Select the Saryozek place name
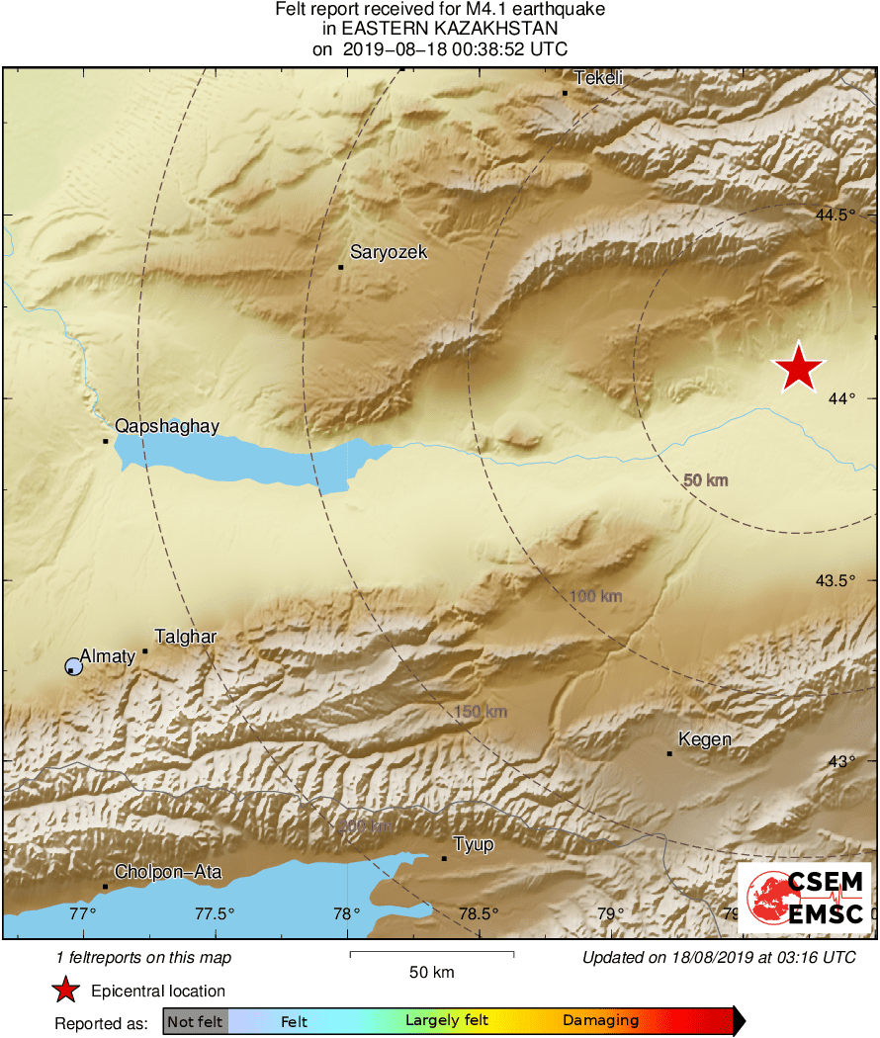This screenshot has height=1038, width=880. tap(389, 253)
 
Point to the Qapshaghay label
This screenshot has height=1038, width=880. tap(166, 426)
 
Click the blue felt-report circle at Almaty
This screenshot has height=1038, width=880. tap(73, 666)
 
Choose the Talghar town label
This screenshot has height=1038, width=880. tap(186, 638)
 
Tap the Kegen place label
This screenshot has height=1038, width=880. tap(705, 739)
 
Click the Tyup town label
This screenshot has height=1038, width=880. tap(473, 845)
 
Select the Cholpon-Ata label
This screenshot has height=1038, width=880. tap(168, 872)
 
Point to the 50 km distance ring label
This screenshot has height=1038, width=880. tap(705, 480)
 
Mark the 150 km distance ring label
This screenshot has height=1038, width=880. tap(481, 712)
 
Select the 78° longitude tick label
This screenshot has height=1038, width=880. tap(346, 913)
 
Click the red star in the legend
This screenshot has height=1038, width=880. tap(66, 990)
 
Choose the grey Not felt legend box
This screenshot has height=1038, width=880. tap(195, 1021)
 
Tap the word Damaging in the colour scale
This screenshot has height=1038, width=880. tap(600, 1021)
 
